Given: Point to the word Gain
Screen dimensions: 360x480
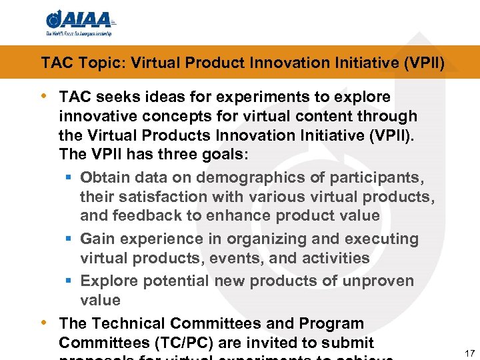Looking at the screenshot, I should (97, 239).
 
